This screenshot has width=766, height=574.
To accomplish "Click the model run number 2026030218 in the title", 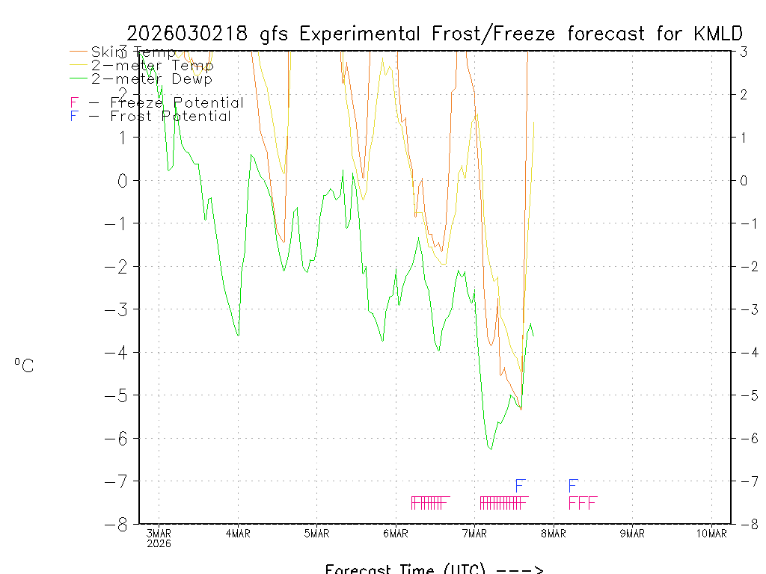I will click(189, 34).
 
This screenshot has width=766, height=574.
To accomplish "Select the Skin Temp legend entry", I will click(132, 52).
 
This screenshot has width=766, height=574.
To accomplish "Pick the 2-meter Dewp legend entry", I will click(151, 78).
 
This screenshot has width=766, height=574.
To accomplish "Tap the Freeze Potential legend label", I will click(177, 103).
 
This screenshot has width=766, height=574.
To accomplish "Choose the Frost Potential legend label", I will click(170, 117).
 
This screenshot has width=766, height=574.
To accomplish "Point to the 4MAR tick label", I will click(238, 533).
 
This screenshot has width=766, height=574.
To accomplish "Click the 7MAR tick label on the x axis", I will click(474, 533).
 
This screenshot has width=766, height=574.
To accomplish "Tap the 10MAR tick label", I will click(711, 533).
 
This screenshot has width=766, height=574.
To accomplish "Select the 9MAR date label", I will click(632, 533).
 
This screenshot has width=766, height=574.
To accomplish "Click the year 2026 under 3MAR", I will click(159, 543).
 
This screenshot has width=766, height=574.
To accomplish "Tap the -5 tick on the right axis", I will click(743, 395).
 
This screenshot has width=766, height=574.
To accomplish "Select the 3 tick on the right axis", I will click(744, 52).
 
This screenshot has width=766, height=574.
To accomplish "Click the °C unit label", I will click(24, 366).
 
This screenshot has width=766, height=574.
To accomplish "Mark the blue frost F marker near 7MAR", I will click(520, 486).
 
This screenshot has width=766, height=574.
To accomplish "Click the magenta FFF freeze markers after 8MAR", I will click(582, 503).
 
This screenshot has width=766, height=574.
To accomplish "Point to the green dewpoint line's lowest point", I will click(491, 448).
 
